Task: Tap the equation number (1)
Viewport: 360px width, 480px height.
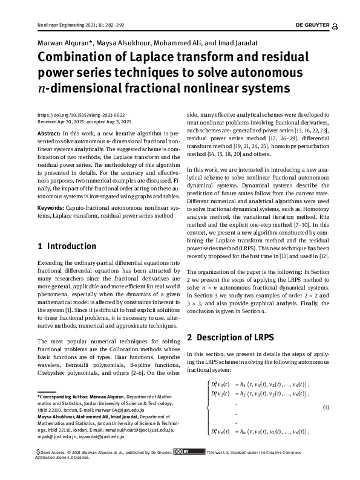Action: [x=326, y=407]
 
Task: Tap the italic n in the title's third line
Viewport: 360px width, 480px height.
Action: [x=41, y=89]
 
